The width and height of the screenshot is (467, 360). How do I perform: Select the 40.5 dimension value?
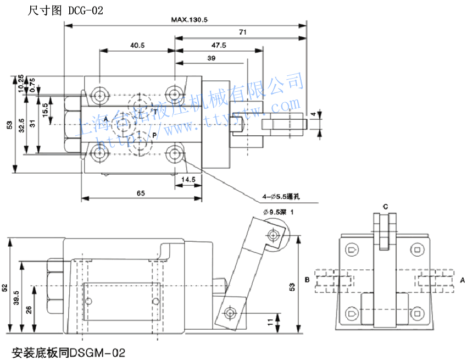pyautogui.click(x=137, y=46)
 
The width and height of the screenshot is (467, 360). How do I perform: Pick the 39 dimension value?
pyautogui.click(x=212, y=58)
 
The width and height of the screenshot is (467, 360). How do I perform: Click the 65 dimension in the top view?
pyautogui.click(x=141, y=193)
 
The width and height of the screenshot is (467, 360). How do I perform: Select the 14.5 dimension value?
pyautogui.click(x=188, y=180)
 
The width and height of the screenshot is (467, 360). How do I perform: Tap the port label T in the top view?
pyautogui.click(x=155, y=112)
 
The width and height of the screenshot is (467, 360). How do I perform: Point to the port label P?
pyautogui.click(x=154, y=135)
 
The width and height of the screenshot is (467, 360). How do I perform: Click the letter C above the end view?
pyautogui.click(x=386, y=207)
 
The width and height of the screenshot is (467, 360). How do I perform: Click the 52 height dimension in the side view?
pyautogui.click(x=4, y=287)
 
